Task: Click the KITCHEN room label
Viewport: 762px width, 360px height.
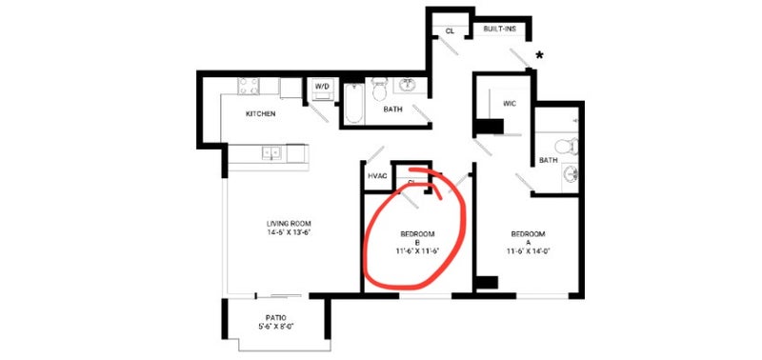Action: pyautogui.click(x=260, y=113)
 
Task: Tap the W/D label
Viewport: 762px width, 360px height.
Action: pyautogui.click(x=322, y=86)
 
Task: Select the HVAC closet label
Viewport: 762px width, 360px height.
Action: pyautogui.click(x=377, y=176)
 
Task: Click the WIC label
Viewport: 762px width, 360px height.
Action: pyautogui.click(x=510, y=104)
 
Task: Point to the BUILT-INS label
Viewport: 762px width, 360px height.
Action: pyautogui.click(x=499, y=30)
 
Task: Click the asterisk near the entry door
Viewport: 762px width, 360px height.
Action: pyautogui.click(x=539, y=55)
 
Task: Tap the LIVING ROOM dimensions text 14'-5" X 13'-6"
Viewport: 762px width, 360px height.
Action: pyautogui.click(x=289, y=232)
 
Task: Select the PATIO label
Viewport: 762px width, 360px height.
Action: pyautogui.click(x=276, y=318)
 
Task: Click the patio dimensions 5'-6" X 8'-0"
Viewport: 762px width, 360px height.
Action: pyautogui.click(x=276, y=326)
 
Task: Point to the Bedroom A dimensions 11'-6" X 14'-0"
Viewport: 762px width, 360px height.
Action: pyautogui.click(x=528, y=251)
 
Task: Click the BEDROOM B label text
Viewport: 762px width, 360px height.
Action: pyautogui.click(x=417, y=237)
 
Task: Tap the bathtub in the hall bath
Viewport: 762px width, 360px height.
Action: pyautogui.click(x=353, y=104)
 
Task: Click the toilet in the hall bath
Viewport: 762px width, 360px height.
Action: pyautogui.click(x=378, y=89)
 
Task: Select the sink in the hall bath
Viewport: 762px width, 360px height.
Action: pyautogui.click(x=408, y=86)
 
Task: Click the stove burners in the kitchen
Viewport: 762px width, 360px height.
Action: pyautogui.click(x=249, y=87)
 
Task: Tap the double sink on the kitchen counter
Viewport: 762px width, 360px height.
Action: pyautogui.click(x=271, y=153)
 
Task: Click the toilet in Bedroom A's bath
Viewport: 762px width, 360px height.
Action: pyautogui.click(x=567, y=147)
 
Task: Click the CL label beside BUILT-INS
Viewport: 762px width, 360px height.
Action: pyautogui.click(x=450, y=31)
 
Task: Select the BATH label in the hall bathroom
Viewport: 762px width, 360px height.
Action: pyautogui.click(x=392, y=110)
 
